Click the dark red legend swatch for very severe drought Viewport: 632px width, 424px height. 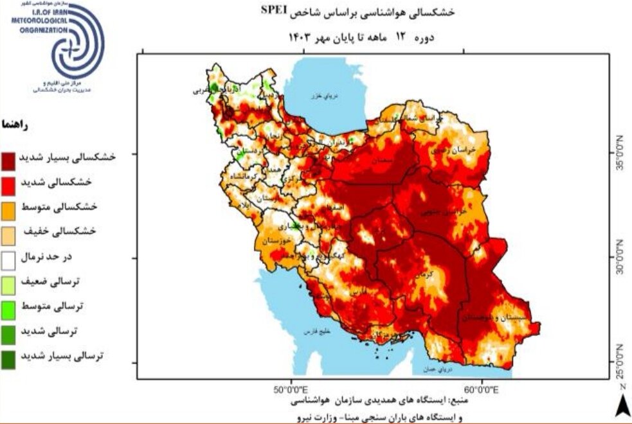10,159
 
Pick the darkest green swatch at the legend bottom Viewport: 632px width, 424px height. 10,356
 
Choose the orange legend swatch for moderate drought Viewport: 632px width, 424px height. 10,208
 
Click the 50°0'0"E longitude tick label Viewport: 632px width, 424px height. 291,389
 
